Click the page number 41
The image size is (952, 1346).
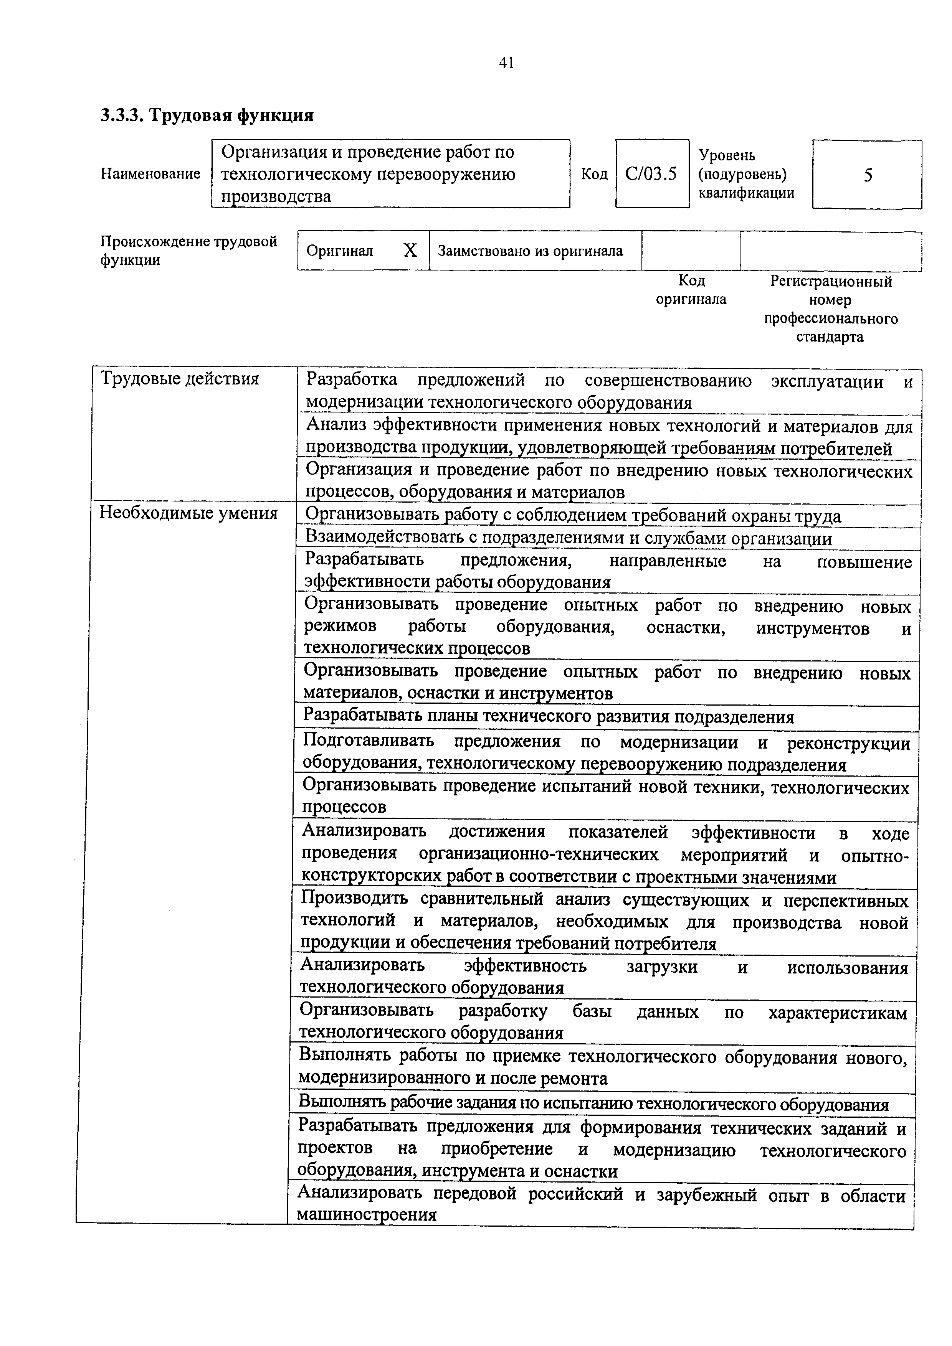(x=506, y=63)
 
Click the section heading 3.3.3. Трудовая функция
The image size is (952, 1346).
(x=207, y=115)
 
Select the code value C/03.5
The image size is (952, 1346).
(x=651, y=174)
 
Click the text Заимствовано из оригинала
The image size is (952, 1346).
(x=530, y=251)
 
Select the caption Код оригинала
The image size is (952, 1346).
(x=691, y=290)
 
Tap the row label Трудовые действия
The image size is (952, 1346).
(x=180, y=379)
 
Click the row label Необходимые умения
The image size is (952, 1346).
(x=188, y=513)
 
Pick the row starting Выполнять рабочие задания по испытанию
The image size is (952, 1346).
(x=593, y=1105)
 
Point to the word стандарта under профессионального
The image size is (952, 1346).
(x=830, y=337)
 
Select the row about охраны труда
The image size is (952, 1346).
(x=573, y=516)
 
